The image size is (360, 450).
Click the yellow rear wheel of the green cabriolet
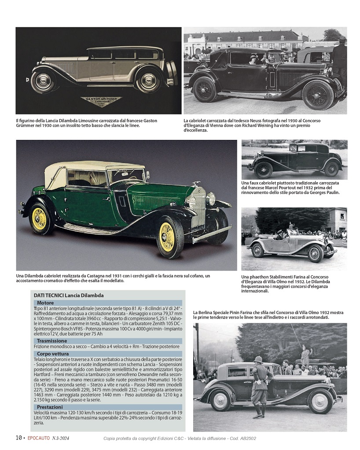point(39,219)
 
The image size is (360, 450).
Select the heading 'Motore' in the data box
point(45,303)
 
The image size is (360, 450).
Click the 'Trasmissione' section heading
point(52,340)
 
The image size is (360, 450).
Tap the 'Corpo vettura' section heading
point(53,353)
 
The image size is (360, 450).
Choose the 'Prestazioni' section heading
point(50,407)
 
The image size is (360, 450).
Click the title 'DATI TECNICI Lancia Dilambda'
point(69,295)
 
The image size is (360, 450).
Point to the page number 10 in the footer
point(19,438)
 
